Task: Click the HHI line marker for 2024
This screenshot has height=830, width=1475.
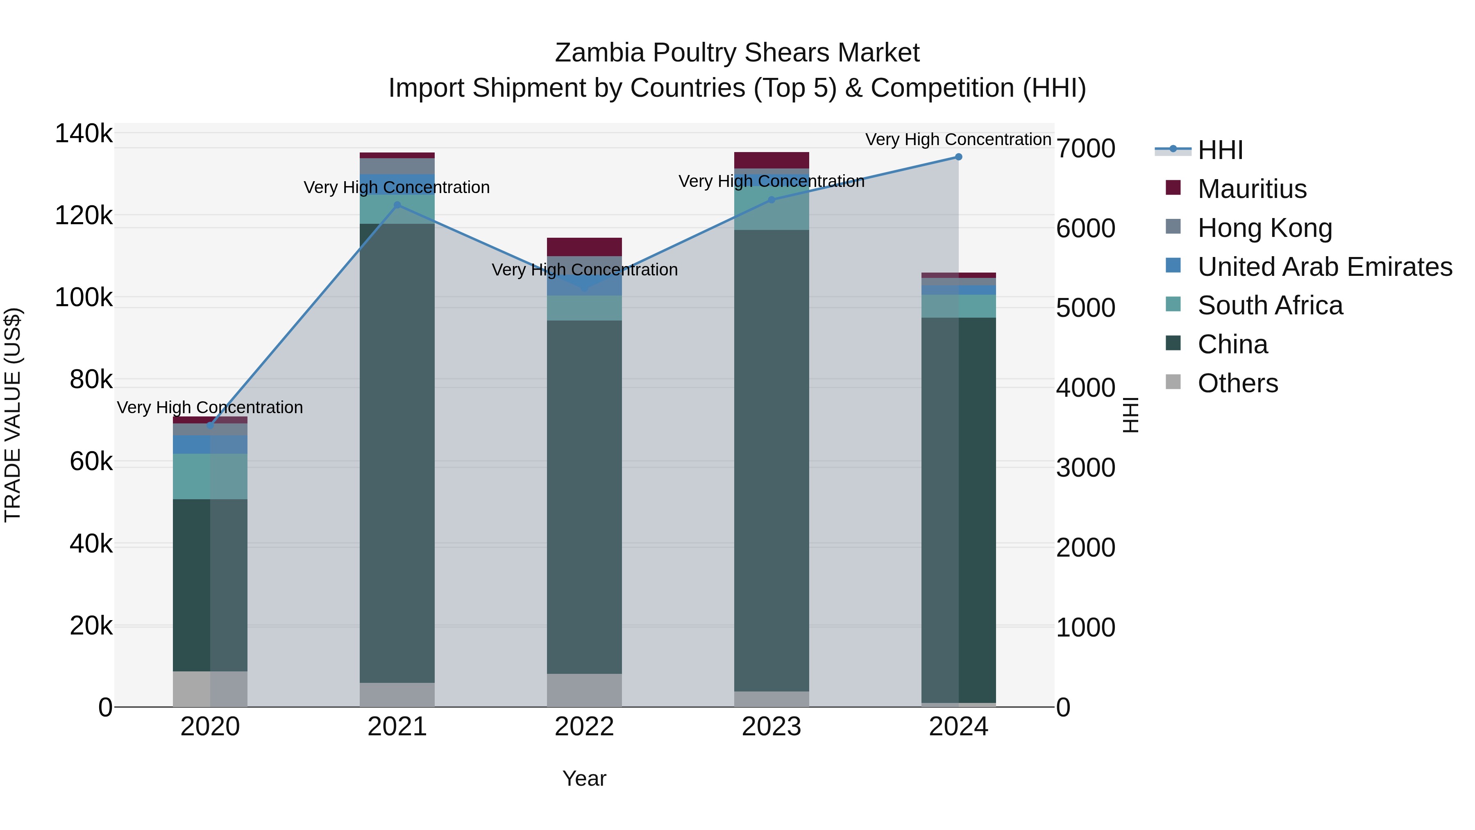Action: click(x=958, y=157)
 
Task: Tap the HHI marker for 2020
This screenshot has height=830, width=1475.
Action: click(x=210, y=425)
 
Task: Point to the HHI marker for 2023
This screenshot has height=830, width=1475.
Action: click(x=771, y=200)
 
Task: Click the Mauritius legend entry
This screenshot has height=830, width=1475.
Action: click(x=1252, y=189)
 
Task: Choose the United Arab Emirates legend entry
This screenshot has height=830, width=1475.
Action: click(x=1324, y=267)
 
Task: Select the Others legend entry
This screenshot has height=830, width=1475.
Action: click(x=1237, y=383)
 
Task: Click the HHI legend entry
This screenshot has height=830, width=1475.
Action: click(x=1220, y=150)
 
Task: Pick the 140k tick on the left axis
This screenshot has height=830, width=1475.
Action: click(x=84, y=134)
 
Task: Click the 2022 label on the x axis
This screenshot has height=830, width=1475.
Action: click(x=584, y=727)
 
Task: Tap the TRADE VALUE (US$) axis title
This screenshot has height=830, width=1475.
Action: click(x=13, y=415)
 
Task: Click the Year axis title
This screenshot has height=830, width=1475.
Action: click(x=584, y=778)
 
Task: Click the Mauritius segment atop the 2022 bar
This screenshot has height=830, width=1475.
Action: click(x=584, y=247)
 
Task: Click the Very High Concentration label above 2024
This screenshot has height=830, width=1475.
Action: click(x=958, y=139)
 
